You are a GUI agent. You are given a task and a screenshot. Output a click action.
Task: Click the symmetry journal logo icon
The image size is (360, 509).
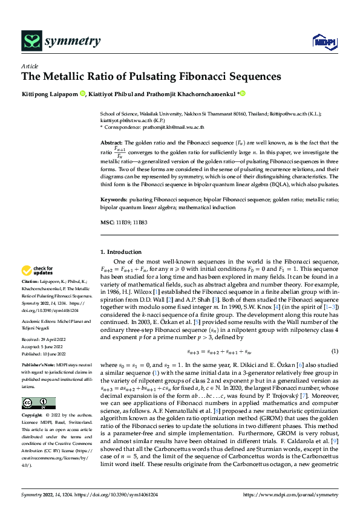click(x=30, y=41)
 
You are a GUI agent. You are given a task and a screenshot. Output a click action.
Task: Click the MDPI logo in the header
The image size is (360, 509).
click(x=324, y=42)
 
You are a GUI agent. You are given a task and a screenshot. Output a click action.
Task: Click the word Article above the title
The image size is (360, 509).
click(x=30, y=66)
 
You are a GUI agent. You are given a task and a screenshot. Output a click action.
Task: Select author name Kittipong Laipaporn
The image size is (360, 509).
click(x=49, y=94)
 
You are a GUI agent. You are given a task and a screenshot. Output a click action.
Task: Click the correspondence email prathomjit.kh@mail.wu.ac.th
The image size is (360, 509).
click(x=172, y=128)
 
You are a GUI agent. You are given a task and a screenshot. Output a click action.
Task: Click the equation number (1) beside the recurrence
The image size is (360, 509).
click(x=335, y=351)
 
